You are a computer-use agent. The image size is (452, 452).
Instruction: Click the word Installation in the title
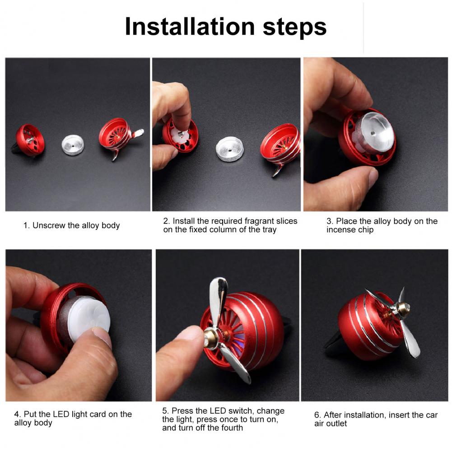click(190, 27)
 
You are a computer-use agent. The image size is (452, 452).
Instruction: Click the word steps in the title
click(294, 28)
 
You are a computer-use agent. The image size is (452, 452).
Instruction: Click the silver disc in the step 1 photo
click(73, 144)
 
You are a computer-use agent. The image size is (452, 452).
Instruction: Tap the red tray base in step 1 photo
click(30, 140)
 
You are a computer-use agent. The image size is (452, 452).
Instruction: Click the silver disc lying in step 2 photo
click(230, 149)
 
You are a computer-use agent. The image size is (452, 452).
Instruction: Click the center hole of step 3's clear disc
click(373, 134)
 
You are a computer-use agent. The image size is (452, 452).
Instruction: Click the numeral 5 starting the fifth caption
click(165, 411)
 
